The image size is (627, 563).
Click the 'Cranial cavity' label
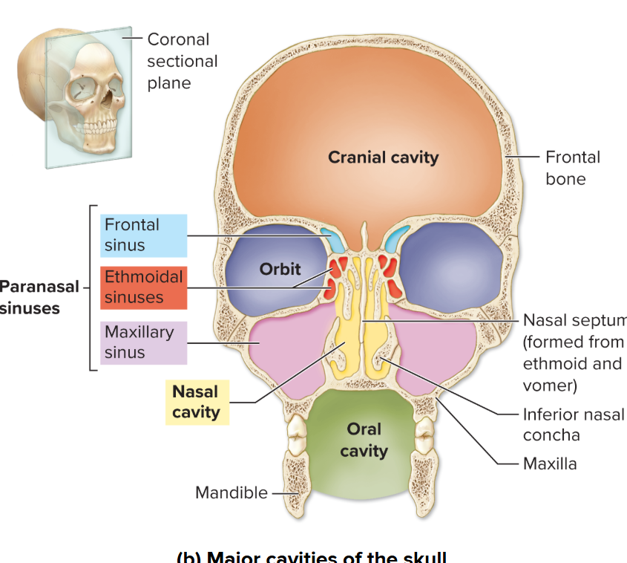[x=383, y=157]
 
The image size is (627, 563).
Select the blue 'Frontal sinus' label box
[x=143, y=235]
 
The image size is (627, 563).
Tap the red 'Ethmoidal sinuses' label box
[x=143, y=287]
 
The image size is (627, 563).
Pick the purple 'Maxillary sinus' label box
[x=143, y=342]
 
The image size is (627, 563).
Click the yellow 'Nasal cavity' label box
[x=197, y=402]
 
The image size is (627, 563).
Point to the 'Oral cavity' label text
[x=364, y=440]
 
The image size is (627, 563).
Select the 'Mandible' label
[x=231, y=492]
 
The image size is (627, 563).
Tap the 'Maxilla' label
[x=549, y=464]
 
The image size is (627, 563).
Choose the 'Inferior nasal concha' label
[x=573, y=425]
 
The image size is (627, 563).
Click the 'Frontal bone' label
[x=572, y=168]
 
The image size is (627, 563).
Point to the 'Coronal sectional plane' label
[x=181, y=61]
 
